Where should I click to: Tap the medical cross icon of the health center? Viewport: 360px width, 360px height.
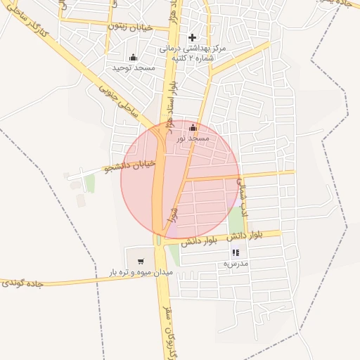click(192, 37)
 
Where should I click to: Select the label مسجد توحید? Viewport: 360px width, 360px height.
click(134, 67)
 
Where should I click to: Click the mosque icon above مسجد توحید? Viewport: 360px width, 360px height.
click(133, 57)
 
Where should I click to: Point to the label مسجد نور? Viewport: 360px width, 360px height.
click(193, 139)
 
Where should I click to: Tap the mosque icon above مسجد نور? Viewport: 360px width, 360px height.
click(193, 128)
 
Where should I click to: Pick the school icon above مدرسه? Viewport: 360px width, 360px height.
click(236, 252)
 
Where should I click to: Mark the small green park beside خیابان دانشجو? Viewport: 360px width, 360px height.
click(89, 184)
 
